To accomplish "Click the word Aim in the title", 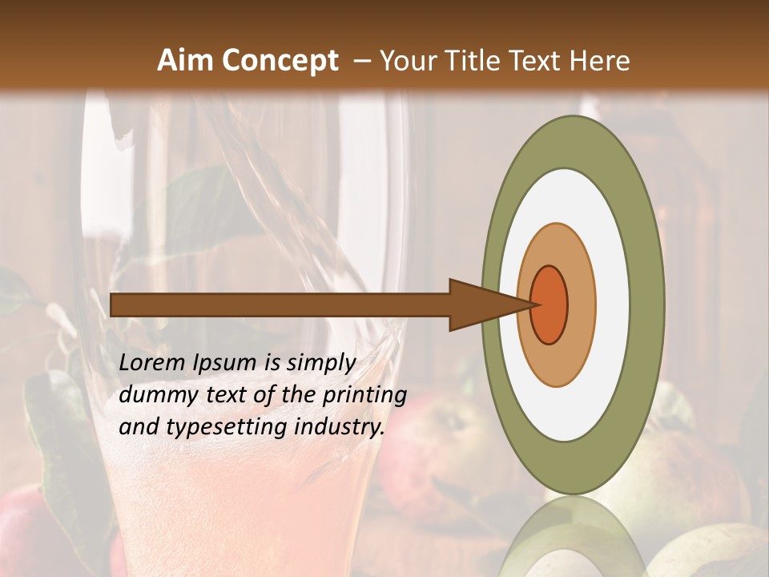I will pos(186,61).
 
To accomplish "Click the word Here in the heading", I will pos(599,61).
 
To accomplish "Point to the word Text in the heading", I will pos(536,61).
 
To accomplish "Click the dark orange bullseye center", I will pos(549,305).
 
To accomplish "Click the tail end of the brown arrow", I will pos(113,305).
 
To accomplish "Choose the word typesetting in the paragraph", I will pos(227,427).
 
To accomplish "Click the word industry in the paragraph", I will pos(336,427).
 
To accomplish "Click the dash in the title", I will pos(363,62).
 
